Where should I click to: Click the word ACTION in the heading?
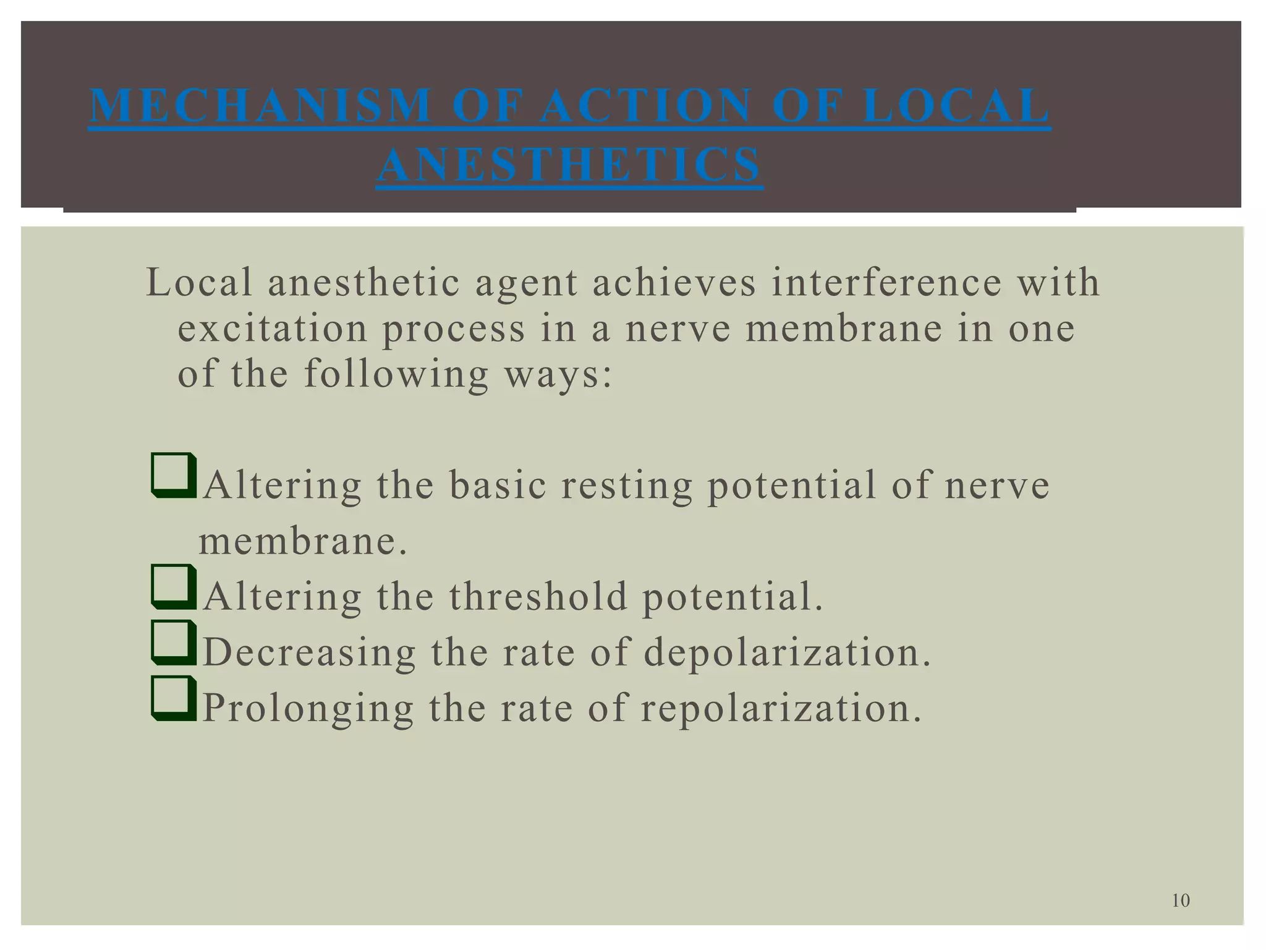coord(646,106)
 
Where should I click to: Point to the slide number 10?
coord(1181,901)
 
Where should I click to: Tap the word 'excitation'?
coord(273,328)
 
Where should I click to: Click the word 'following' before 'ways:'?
coord(396,374)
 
